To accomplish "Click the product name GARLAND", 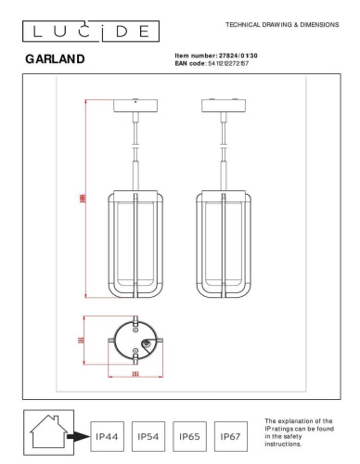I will pos(56,59).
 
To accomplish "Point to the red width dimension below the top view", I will pos(135,374).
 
